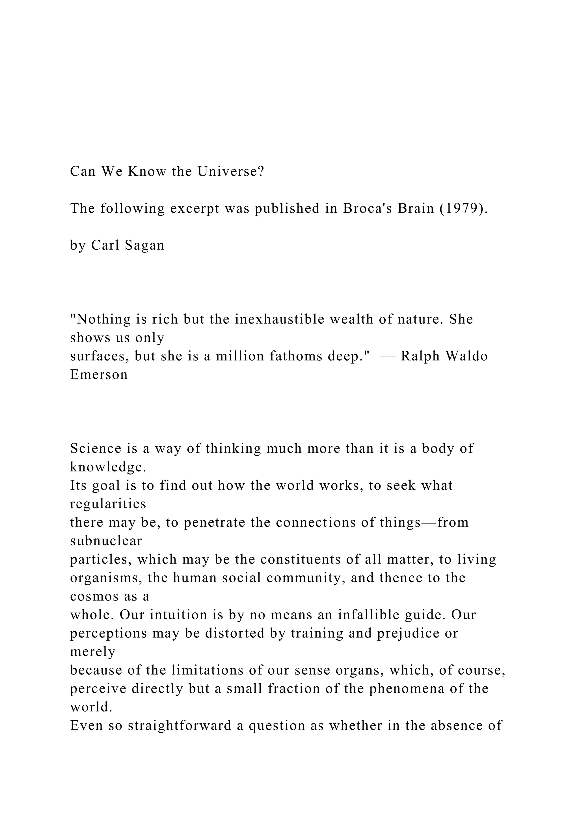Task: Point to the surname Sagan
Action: point(145,245)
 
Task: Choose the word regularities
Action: point(108,504)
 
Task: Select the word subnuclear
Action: point(106,541)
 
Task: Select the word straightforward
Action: point(180,725)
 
